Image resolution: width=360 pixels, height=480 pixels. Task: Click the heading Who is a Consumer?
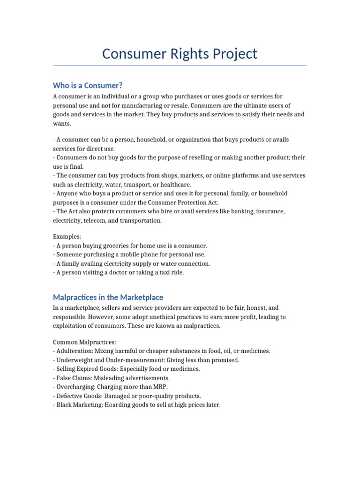(88, 85)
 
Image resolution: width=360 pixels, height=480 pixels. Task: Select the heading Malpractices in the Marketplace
(108, 297)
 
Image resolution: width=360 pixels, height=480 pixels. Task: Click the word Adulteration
(74, 351)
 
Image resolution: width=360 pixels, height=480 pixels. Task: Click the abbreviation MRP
(159, 387)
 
